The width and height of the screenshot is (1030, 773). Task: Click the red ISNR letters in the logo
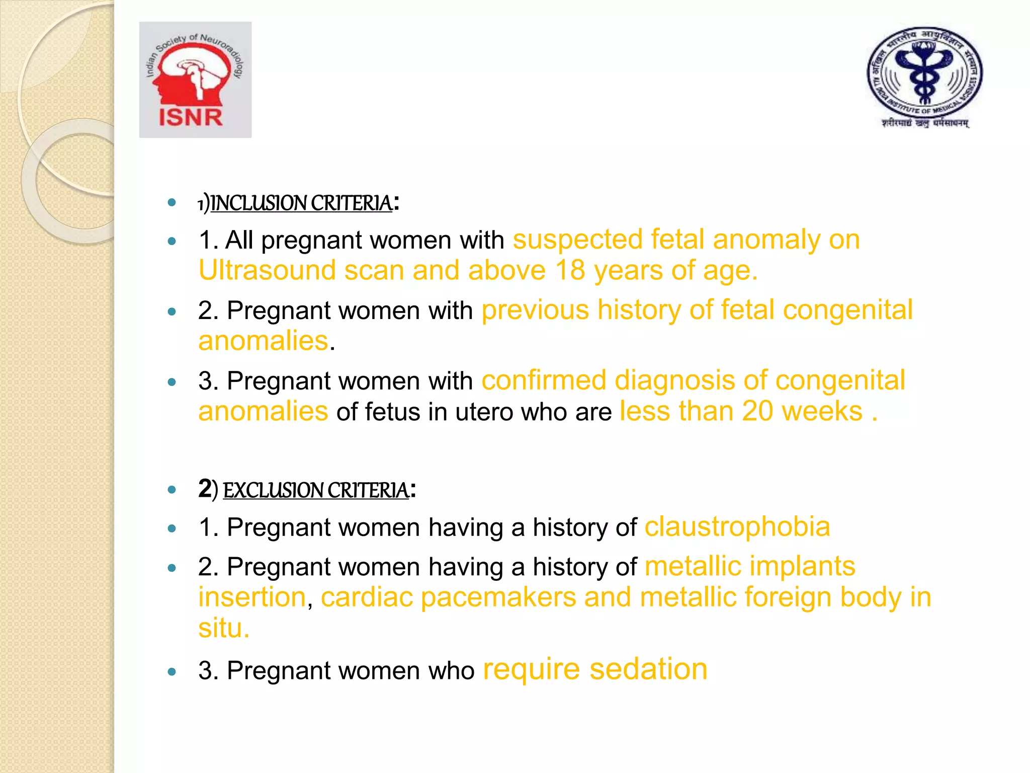[191, 117]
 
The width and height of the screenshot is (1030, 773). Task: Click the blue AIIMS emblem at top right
[924, 75]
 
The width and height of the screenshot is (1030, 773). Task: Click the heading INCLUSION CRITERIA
[301, 203]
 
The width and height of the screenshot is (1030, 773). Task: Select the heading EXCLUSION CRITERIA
[316, 490]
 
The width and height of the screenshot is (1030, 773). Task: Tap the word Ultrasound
[267, 271]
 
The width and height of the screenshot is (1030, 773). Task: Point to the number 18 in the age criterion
[570, 271]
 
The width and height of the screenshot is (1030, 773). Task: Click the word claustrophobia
[737, 527]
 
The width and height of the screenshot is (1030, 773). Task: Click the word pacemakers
[498, 597]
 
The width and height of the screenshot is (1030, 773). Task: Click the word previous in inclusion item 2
[535, 310]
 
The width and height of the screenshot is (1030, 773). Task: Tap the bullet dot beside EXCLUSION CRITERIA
[172, 490]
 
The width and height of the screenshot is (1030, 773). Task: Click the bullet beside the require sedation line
[172, 671]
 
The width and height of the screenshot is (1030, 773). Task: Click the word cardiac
[366, 597]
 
